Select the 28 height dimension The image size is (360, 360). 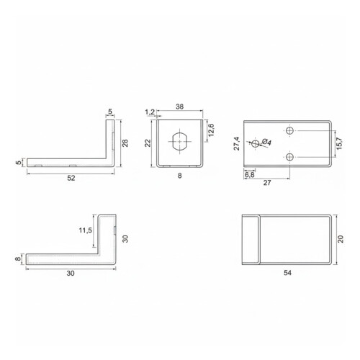click(125, 143)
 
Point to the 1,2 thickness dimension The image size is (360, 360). click(150, 112)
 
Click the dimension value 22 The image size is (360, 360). click(147, 143)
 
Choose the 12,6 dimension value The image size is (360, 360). click(210, 132)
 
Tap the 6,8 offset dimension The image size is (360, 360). click(249, 174)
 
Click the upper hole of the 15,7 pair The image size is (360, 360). click(289, 130)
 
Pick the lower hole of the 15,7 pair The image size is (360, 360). click(289, 157)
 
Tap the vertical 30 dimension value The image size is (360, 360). click(125, 239)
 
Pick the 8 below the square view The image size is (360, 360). click(178, 174)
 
